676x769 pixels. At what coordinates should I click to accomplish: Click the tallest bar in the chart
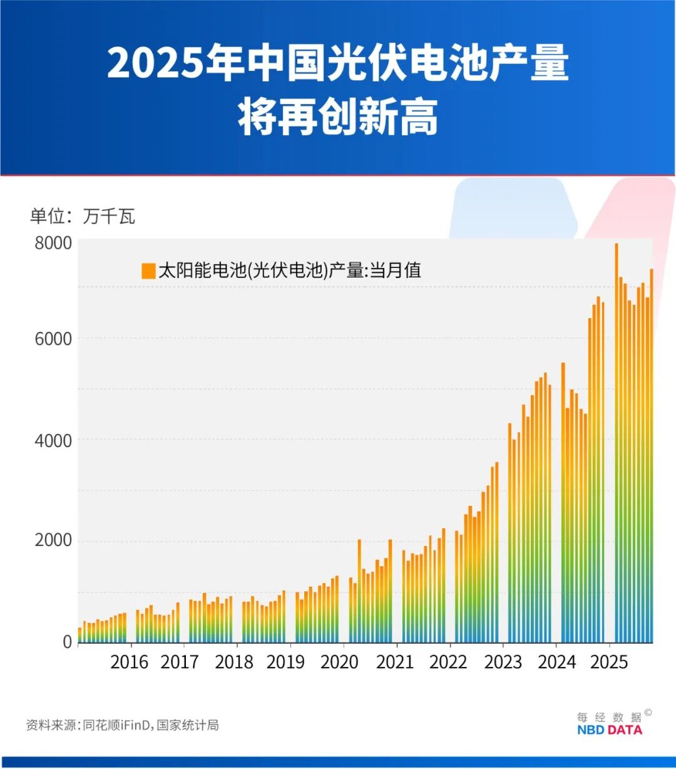pos(616,438)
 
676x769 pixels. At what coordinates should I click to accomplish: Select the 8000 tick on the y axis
pos(54,243)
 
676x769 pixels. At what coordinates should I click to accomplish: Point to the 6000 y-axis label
pos(54,339)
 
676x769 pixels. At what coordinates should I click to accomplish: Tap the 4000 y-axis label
pos(54,440)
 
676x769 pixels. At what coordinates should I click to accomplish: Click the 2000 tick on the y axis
pos(54,540)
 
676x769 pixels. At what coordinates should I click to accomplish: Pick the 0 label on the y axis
pos(67,642)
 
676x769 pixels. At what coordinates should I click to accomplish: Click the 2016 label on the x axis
pos(129,662)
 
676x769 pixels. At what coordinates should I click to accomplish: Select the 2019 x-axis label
pos(285,662)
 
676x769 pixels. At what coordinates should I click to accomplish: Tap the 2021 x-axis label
pos(395,662)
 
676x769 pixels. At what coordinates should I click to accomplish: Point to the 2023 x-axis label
pos(503,662)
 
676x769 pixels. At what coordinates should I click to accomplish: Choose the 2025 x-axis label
pos(609,662)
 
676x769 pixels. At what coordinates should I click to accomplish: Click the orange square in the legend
pos(148,271)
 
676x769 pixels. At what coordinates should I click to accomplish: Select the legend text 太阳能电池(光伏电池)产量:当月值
pos(289,271)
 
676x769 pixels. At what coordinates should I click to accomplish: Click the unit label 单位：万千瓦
pos(82,217)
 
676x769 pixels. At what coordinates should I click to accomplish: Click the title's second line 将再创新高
pos(337,117)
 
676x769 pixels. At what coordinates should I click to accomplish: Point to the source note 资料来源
pos(122,725)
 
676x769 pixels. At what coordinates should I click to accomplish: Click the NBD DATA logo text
pos(609,730)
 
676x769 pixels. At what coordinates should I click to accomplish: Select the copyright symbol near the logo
pos(648,712)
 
